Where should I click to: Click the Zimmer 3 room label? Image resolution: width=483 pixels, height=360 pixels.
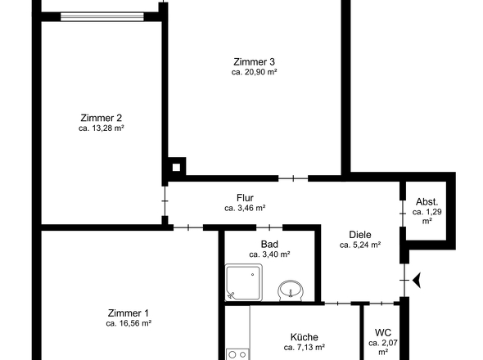[x=254, y=62]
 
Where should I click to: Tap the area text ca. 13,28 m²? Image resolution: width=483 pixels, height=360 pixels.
[x=101, y=128]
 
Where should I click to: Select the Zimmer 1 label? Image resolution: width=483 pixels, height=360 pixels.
[x=129, y=313]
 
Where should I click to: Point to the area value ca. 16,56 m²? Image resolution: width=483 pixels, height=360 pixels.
[x=129, y=323]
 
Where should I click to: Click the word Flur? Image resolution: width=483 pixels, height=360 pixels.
[x=245, y=198]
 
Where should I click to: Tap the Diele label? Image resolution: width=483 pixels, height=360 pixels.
[x=360, y=235]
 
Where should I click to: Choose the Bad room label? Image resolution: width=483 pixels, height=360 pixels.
[x=269, y=244]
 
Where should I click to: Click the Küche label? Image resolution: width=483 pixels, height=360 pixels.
[x=305, y=337]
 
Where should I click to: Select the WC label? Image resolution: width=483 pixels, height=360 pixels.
[x=383, y=333]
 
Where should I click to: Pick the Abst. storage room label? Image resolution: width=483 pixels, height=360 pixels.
[x=427, y=202]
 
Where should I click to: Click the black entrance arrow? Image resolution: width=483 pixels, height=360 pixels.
[x=417, y=281]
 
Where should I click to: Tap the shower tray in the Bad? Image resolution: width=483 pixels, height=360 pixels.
[x=244, y=282]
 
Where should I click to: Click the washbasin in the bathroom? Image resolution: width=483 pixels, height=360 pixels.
[x=291, y=291]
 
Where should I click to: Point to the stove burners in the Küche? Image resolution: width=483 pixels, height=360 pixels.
[x=237, y=354]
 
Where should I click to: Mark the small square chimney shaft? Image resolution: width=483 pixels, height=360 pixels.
[x=176, y=168]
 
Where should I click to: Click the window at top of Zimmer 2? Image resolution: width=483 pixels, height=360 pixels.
[x=102, y=16]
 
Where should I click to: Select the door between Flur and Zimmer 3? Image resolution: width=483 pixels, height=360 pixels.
[x=293, y=178]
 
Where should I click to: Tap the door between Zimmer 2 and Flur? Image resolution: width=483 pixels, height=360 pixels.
[x=165, y=201]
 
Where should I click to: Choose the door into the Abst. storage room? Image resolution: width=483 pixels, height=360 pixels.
[x=403, y=214]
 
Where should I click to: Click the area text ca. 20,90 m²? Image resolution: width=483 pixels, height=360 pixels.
[x=254, y=72]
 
